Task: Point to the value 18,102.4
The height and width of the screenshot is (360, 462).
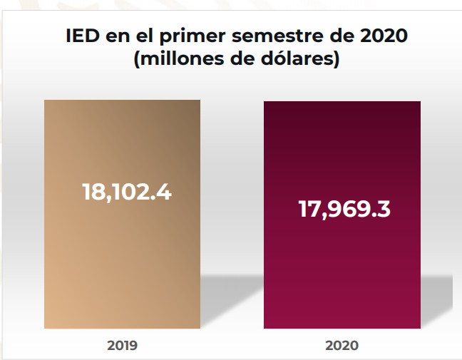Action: (x=126, y=192)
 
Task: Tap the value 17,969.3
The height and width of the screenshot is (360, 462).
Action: (x=344, y=210)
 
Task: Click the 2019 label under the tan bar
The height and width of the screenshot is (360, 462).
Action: (x=122, y=346)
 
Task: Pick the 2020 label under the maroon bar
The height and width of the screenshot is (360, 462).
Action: (x=342, y=346)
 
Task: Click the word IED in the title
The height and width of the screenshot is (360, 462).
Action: (x=82, y=35)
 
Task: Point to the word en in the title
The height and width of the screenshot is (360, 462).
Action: (x=118, y=35)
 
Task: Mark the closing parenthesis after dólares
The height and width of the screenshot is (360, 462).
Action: (x=334, y=60)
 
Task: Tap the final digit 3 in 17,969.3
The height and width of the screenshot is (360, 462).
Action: (x=382, y=210)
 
